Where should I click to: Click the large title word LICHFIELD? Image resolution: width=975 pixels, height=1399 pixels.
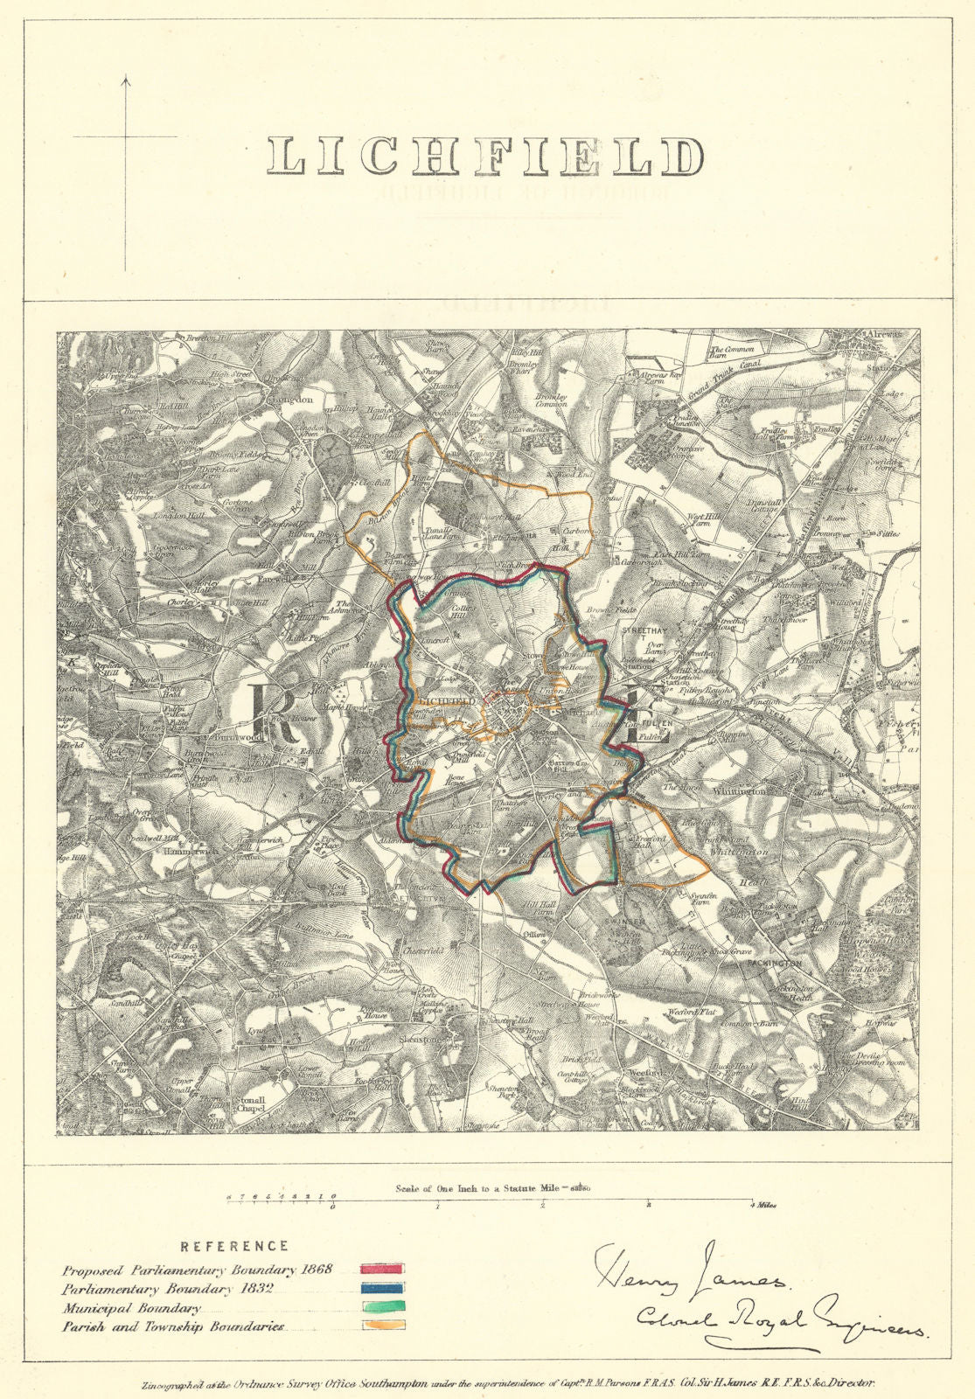485,157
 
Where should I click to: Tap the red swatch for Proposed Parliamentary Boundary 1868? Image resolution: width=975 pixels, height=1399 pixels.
382,1268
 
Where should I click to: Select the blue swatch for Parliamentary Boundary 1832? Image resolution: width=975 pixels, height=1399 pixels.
382,1288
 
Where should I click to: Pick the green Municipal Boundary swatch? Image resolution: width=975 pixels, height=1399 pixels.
382,1308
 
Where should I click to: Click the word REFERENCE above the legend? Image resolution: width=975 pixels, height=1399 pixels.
234,1246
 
